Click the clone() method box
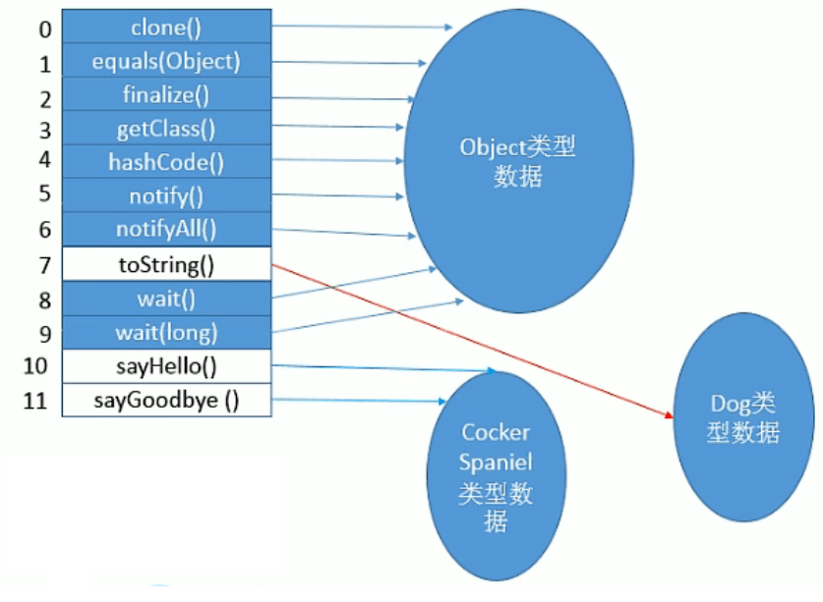coord(165,27)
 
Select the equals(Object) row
coord(165,61)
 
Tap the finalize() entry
coord(165,95)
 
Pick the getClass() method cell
coord(165,129)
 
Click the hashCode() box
coord(165,162)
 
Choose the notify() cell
coord(165,195)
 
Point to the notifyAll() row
coord(165,229)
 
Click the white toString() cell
coord(165,263)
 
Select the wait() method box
coord(165,298)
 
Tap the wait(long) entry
coord(165,332)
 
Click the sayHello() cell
coord(165,366)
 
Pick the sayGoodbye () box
coord(165,400)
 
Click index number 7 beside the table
coord(44,264)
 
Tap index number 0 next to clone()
coord(44,28)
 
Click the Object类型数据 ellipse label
coord(516,162)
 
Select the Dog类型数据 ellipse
coord(743,416)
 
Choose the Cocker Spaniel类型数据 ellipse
coord(496,476)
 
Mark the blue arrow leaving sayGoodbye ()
coord(354,401)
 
